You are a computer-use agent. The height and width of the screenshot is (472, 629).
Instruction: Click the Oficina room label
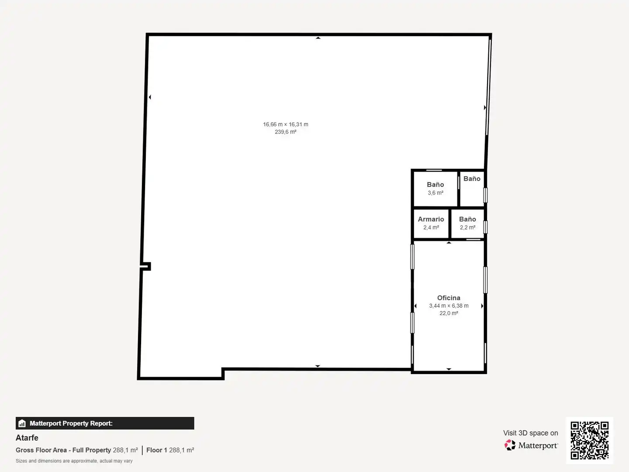pos(449,298)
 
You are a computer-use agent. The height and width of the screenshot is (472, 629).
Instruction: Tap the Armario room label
pos(431,219)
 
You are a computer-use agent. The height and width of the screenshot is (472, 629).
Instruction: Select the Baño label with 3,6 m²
pos(435,184)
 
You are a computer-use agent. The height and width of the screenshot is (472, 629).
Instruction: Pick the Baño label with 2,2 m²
pos(467,219)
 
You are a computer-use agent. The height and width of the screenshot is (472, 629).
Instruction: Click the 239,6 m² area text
pos(285,132)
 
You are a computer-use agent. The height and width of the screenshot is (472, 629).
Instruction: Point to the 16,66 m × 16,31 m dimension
pos(286,125)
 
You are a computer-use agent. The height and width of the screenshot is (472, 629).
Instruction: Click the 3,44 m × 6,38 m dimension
pos(449,306)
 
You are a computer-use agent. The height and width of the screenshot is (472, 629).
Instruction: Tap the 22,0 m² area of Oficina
pos(449,313)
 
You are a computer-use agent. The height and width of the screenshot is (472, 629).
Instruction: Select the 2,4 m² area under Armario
pos(431,228)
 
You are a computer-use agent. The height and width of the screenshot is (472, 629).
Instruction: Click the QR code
pos(589,441)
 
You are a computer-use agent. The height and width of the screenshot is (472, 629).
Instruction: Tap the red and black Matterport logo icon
pos(510,445)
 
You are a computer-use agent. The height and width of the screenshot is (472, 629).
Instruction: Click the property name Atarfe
pos(27,437)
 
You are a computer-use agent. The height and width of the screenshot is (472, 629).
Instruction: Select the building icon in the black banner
pos(22,423)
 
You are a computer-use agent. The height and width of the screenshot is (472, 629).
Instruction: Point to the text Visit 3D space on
pos(530,433)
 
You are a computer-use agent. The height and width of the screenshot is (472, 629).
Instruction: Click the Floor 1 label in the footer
pos(156,450)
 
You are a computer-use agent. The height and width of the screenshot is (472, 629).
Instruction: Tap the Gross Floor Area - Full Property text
pos(63,450)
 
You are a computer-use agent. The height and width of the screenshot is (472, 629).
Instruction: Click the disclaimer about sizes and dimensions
pos(74,461)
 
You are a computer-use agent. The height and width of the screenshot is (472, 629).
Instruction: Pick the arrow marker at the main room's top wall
pos(318,38)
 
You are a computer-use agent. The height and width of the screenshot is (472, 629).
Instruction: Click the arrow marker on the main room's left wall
pos(150,97)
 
